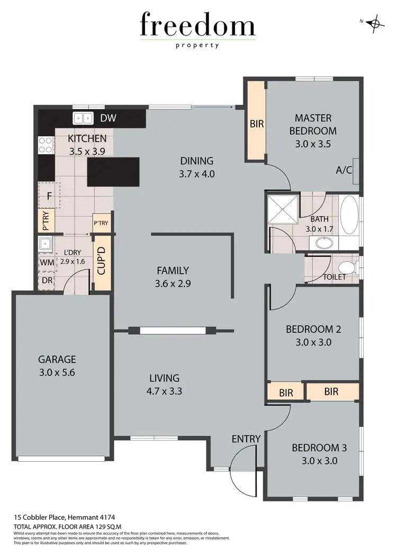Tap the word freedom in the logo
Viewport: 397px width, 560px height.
[x=197, y=26]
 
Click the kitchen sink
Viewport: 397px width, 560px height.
[x=83, y=118]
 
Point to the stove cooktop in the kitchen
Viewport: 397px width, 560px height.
[x=45, y=145]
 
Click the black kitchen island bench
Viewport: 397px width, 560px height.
[x=113, y=172]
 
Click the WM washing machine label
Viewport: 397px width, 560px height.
[x=46, y=263]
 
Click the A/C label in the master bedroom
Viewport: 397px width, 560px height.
[x=345, y=171]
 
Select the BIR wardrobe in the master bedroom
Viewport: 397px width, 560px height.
[x=256, y=124]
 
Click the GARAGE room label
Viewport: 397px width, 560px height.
[x=57, y=360]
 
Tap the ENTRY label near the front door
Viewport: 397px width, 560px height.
[x=246, y=439]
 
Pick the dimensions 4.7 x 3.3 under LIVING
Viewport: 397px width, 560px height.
[x=165, y=391]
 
